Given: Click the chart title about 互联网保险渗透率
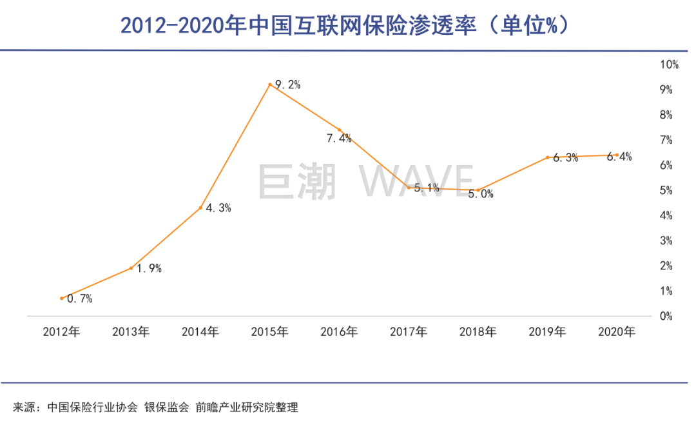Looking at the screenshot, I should pos(347,26).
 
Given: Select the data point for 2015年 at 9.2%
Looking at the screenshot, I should pos(270,84).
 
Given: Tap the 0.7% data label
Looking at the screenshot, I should pos(80,299).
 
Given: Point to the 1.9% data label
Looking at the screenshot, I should pos(149,268).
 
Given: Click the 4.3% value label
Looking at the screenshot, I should pos(218,208).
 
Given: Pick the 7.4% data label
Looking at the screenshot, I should pos(338,138).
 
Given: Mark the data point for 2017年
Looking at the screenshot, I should pos(409,188).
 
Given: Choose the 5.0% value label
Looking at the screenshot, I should pos(480,194).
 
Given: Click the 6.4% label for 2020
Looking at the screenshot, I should pos(619,157).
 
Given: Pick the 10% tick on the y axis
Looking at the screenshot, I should pos(669,64).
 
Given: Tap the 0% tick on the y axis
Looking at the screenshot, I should pos(666,316).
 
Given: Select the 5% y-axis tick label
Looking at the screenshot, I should pos(666,190).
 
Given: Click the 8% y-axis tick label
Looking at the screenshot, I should pos(666,115).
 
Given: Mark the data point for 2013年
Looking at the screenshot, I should pos(131,268).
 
